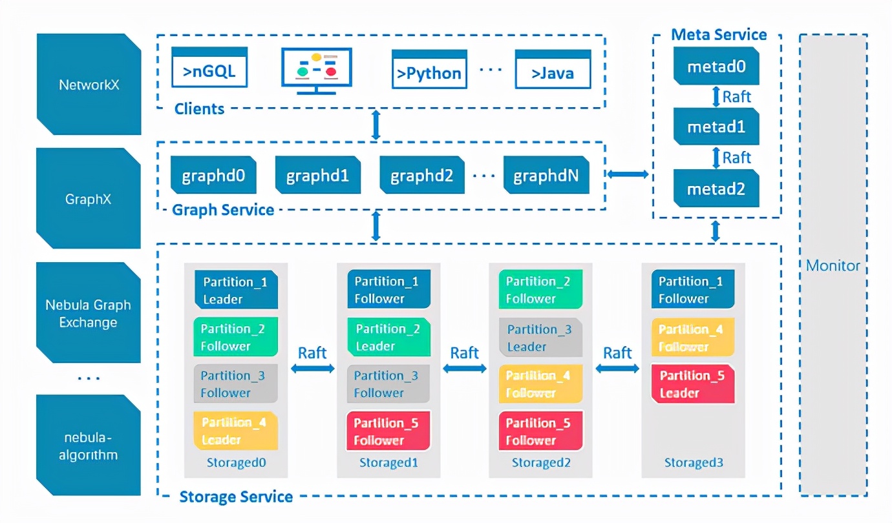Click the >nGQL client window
click(209, 68)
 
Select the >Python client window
click(429, 69)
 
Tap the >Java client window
click(553, 69)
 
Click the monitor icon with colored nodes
click(317, 70)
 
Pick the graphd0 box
click(213, 175)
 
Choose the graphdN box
click(547, 175)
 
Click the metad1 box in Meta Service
click(716, 127)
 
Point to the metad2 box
click(716, 189)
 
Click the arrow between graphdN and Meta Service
click(628, 174)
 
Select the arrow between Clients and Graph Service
click(376, 125)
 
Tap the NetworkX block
click(89, 85)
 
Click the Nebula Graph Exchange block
click(89, 313)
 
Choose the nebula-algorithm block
click(89, 446)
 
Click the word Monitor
click(833, 265)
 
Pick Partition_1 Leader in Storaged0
click(235, 290)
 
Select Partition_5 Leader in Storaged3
click(692, 384)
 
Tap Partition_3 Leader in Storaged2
click(540, 337)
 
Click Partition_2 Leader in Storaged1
click(388, 337)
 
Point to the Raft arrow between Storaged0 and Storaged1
click(313, 368)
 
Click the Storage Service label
click(236, 497)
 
